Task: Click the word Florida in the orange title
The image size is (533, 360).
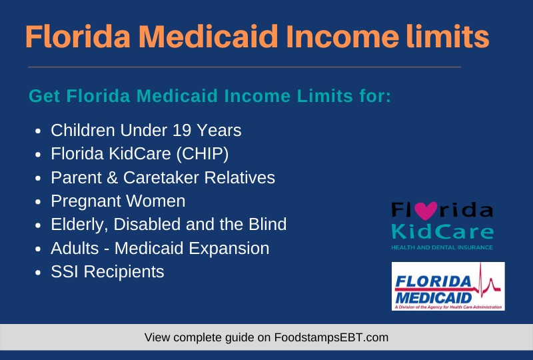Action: coord(78,37)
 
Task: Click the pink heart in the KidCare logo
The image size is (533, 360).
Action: coord(426,211)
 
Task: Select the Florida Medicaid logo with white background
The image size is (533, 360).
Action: coord(448,286)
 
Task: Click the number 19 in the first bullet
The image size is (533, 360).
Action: coord(182,130)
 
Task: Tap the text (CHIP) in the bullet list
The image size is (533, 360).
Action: coord(203,154)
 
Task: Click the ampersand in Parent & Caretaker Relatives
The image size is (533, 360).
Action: coord(112,177)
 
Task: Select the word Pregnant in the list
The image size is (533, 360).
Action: coord(86,201)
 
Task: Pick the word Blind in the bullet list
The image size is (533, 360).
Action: coord(268,225)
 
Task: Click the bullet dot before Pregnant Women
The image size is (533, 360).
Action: coord(38,202)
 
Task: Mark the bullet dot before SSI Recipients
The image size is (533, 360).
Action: coord(38,273)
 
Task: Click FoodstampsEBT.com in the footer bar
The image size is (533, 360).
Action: coord(331,337)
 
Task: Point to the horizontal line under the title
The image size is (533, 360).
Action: coord(245,67)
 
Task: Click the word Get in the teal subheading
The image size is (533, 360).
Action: coord(44,96)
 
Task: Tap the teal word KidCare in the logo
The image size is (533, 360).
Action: coord(442,232)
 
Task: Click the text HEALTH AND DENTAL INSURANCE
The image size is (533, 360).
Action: coord(442,247)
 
